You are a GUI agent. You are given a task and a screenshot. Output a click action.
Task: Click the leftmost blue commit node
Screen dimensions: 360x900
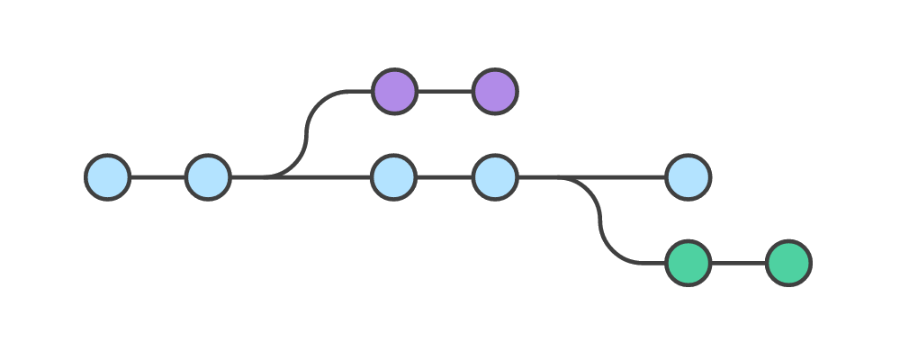point(108,177)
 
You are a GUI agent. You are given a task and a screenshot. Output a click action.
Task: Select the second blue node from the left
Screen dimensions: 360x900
point(208,177)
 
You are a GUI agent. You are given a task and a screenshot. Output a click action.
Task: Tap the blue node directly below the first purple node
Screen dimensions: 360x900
point(394,177)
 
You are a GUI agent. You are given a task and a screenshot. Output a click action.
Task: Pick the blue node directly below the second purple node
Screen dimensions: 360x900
point(494,177)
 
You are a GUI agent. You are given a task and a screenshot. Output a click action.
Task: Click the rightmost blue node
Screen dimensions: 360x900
point(688,177)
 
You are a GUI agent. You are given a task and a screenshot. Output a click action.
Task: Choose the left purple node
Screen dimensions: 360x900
point(394,91)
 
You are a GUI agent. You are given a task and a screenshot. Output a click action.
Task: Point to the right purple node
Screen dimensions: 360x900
point(494,91)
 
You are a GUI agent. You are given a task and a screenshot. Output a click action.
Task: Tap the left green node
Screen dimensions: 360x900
point(688,264)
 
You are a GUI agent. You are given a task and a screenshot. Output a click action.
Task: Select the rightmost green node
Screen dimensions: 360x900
point(788,264)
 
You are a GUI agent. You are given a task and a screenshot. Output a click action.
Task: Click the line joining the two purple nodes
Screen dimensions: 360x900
point(445,91)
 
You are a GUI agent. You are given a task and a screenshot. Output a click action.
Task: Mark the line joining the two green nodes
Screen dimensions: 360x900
point(738,264)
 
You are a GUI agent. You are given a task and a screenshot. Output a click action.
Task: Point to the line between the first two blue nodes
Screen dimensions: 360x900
point(157,177)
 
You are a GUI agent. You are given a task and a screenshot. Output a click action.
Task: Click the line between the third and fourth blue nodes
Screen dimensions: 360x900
point(445,177)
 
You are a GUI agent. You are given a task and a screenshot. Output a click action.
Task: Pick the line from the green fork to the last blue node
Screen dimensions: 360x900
point(621,177)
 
